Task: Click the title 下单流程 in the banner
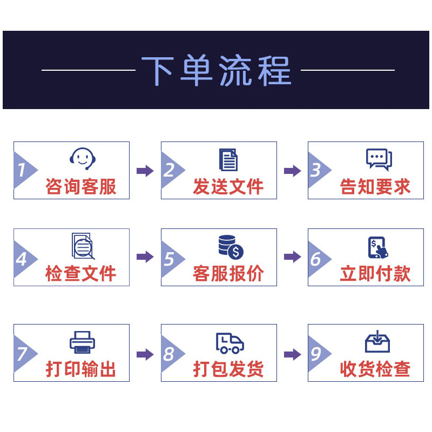217,70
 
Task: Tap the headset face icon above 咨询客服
83,159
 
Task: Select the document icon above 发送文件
228,160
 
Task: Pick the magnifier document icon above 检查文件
83,246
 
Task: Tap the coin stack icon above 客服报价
231,247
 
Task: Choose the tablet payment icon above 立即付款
378,247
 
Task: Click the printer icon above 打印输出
83,342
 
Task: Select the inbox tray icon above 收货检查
377,342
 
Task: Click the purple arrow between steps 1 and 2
145,171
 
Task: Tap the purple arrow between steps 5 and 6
293,257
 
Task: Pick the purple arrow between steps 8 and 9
293,354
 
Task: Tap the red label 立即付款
375,274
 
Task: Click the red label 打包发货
228,369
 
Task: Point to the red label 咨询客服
80,186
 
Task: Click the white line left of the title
89,70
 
